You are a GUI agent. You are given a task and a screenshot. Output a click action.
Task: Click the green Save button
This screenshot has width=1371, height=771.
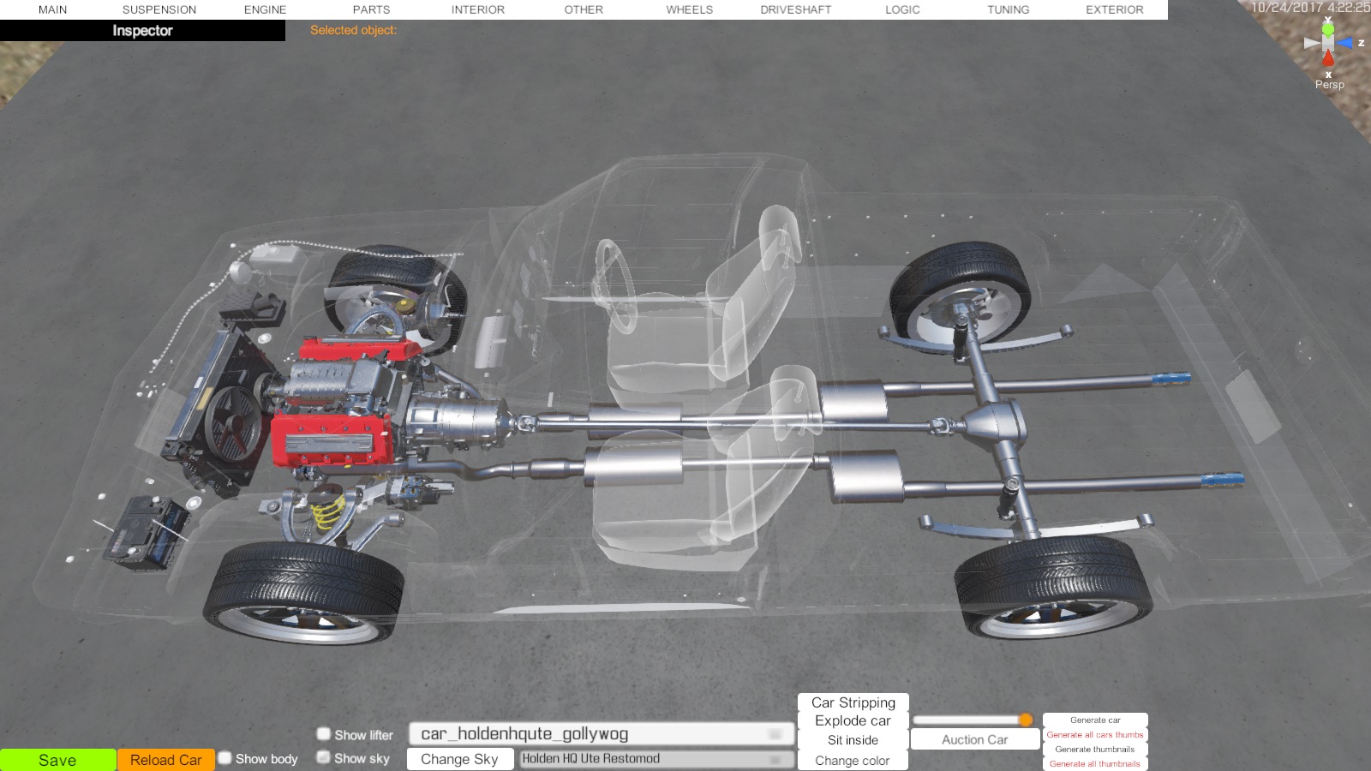[x=57, y=760]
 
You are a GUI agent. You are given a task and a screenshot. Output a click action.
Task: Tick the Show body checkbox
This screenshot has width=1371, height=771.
[x=225, y=758]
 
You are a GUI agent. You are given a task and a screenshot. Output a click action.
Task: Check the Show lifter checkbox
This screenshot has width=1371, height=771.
[x=323, y=733]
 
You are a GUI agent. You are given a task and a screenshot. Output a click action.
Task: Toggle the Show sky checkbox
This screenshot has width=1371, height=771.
[x=323, y=757]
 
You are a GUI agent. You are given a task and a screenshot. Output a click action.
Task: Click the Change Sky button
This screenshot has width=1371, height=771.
[x=459, y=759]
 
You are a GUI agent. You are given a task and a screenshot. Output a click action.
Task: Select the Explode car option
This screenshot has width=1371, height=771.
[x=853, y=720]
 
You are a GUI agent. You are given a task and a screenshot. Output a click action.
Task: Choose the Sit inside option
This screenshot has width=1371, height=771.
[x=853, y=740]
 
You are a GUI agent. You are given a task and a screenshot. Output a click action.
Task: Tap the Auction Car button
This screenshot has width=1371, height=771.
[x=974, y=740]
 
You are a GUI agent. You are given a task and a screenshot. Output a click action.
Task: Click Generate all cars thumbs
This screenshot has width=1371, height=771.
[x=1095, y=735]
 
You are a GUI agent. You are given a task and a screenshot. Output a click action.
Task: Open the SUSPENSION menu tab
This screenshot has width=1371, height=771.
[x=159, y=9]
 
